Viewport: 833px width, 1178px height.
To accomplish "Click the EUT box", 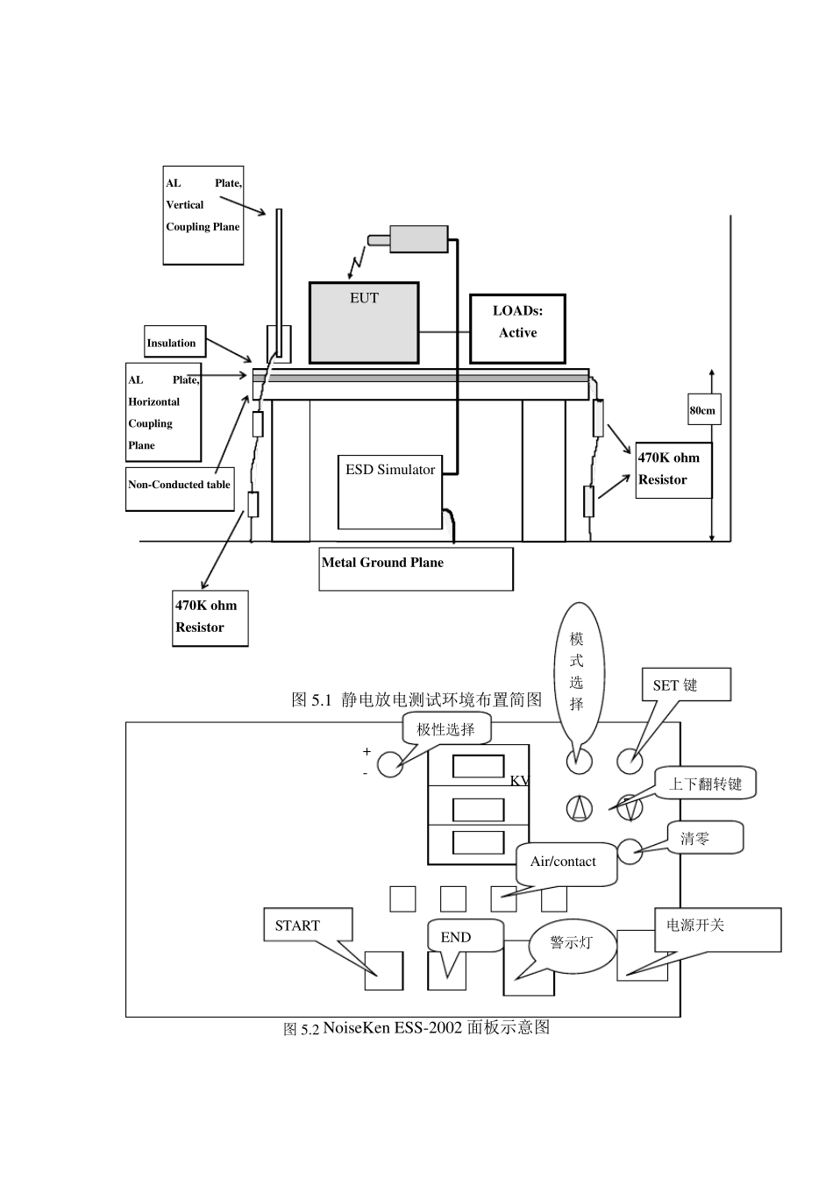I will [x=364, y=322].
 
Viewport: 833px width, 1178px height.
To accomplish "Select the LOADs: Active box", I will [x=517, y=328].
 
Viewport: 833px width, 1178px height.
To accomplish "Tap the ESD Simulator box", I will [x=390, y=491].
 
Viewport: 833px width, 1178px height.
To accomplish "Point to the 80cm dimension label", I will [x=702, y=410].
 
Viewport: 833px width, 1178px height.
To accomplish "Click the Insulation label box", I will [x=172, y=343].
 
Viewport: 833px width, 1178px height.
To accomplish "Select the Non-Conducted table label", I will [x=180, y=485].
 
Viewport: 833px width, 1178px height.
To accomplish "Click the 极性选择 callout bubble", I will [x=446, y=729].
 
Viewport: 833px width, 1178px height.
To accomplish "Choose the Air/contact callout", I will [x=563, y=862].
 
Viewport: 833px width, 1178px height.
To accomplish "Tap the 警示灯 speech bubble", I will [x=572, y=942].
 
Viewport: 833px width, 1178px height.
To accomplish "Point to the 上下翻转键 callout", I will [x=705, y=784].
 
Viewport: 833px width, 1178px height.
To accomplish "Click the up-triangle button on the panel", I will [x=579, y=808].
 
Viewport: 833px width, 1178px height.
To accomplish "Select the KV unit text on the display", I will [x=519, y=780].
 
